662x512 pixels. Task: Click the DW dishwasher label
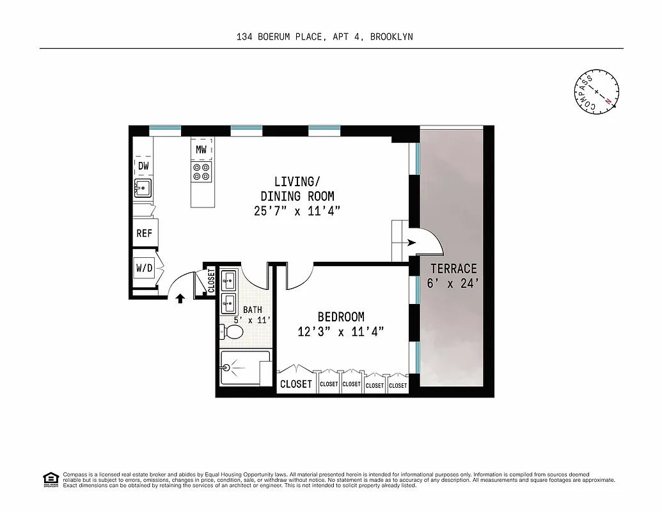pyautogui.click(x=144, y=166)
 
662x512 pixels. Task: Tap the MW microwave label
pyautogui.click(x=201, y=150)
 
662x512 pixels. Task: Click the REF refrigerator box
pyautogui.click(x=145, y=234)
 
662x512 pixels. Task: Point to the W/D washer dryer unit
pyautogui.click(x=144, y=268)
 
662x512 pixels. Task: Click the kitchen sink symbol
pyautogui.click(x=142, y=188)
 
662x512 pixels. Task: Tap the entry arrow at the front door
pyautogui.click(x=180, y=298)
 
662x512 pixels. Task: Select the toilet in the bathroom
pyautogui.click(x=232, y=332)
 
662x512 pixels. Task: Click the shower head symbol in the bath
pyautogui.click(x=227, y=367)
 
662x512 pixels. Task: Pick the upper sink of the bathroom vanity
pyautogui.click(x=230, y=280)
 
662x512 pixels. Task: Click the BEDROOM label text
pyautogui.click(x=341, y=317)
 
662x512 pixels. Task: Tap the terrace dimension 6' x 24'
pyautogui.click(x=453, y=284)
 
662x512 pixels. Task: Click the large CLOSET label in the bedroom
pyautogui.click(x=296, y=384)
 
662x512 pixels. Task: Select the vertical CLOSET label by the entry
pyautogui.click(x=212, y=280)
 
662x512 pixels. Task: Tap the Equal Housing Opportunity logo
pyautogui.click(x=50, y=479)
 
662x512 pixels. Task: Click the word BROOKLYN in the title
pyautogui.click(x=391, y=36)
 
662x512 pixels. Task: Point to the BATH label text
pyautogui.click(x=244, y=310)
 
